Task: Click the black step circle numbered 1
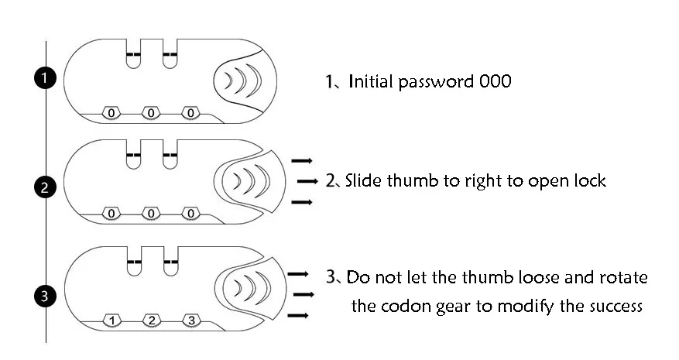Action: tap(46, 79)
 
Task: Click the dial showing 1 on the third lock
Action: tap(111, 320)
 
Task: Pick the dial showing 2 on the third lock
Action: tap(152, 320)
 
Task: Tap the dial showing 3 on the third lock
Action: tap(191, 320)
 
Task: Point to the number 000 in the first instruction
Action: tap(496, 81)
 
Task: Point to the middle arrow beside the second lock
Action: tap(308, 181)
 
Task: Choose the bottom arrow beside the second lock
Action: tap(301, 202)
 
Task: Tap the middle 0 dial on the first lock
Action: tap(151, 113)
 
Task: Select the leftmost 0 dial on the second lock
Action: tap(111, 213)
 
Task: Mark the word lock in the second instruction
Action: tap(590, 181)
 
